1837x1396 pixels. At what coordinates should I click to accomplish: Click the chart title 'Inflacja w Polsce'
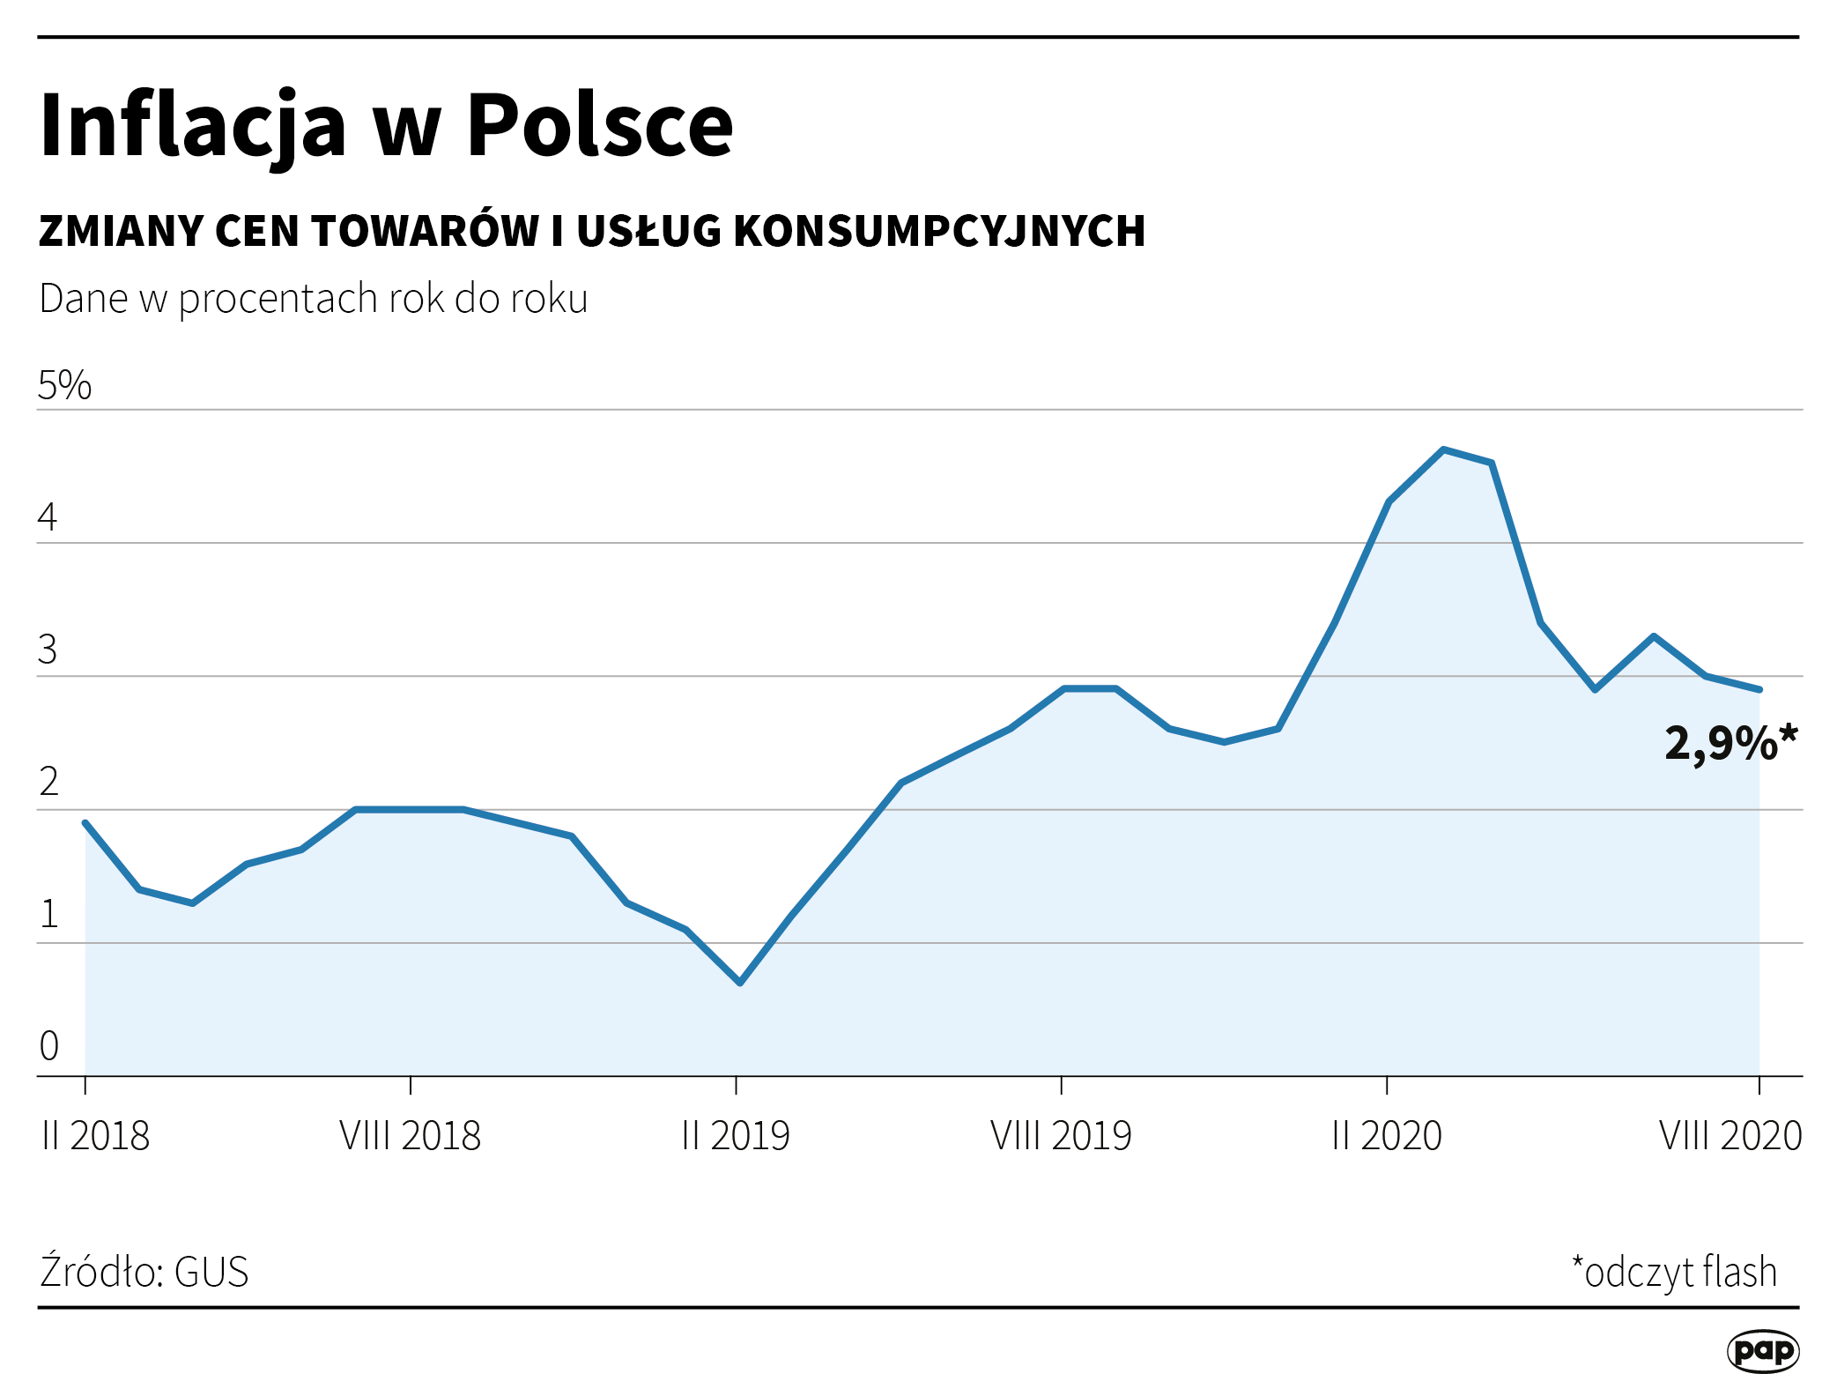click(386, 126)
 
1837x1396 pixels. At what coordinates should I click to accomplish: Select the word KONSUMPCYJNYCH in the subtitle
click(939, 232)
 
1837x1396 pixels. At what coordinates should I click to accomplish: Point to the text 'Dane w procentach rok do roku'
click(313, 300)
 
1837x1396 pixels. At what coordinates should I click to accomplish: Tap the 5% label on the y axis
click(64, 386)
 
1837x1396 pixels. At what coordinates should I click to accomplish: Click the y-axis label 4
click(48, 517)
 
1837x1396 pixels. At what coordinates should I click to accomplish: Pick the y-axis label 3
click(48, 650)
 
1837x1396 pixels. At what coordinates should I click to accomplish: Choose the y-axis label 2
click(48, 783)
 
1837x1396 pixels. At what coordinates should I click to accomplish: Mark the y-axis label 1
click(49, 915)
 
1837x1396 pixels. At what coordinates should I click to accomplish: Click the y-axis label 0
click(49, 1046)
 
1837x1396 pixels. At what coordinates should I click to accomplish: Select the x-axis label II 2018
click(95, 1136)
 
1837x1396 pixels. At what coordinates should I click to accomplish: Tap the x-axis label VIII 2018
click(410, 1136)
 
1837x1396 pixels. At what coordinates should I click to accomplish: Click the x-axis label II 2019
click(736, 1136)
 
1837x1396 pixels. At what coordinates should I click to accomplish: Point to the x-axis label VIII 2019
click(1061, 1136)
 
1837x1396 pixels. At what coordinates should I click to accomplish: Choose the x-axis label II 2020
click(1386, 1136)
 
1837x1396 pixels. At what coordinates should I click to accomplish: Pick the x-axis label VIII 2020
click(1730, 1136)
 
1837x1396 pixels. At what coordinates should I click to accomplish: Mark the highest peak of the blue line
click(1442, 449)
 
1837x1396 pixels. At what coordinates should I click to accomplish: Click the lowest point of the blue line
click(739, 983)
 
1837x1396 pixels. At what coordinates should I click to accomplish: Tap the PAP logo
click(1762, 1351)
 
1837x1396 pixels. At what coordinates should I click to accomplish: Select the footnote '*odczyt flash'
click(1674, 1273)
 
